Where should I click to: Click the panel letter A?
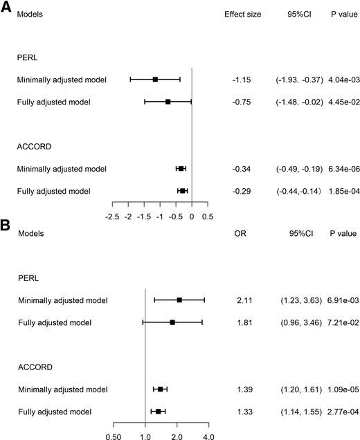(x=6, y=6)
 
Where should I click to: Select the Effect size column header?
(x=242, y=13)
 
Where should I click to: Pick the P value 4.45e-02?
(x=341, y=102)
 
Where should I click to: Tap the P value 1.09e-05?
(x=341, y=389)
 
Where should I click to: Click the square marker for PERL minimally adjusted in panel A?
(x=155, y=80)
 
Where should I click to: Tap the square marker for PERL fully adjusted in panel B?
(x=172, y=322)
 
